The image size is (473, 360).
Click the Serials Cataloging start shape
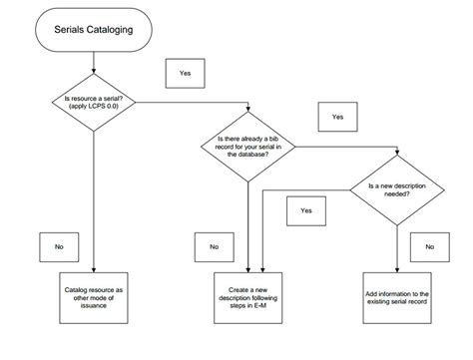coord(94,34)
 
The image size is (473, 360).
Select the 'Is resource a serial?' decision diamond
coord(94,101)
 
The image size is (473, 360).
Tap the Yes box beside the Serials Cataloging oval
coord(185,73)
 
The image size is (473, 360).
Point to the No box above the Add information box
coord(430,245)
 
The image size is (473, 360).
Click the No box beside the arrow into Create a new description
coord(214,245)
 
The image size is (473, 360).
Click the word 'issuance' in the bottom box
coord(94,310)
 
